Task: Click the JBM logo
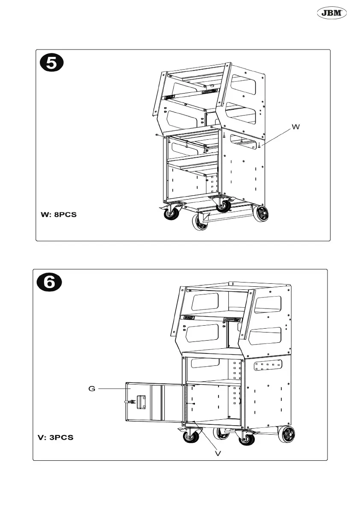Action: click(331, 14)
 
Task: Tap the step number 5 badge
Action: click(51, 63)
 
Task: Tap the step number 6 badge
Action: click(49, 283)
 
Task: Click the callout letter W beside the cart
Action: click(295, 127)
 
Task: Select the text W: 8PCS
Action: click(59, 215)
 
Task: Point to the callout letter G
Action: click(92, 388)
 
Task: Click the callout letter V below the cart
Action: click(218, 453)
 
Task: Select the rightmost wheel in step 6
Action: click(286, 434)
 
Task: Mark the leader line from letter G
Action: click(113, 388)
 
